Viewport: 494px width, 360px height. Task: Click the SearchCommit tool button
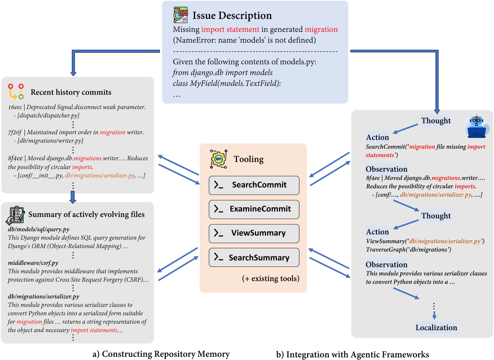coord(254,185)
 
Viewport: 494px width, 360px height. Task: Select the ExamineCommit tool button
coord(254,209)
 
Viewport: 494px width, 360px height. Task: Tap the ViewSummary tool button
coord(254,233)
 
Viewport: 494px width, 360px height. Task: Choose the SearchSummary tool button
coord(254,258)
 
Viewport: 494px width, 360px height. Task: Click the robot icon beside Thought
coord(477,126)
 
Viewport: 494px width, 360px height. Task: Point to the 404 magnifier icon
coord(181,15)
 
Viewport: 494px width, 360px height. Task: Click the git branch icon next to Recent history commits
coord(16,91)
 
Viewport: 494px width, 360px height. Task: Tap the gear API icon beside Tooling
coord(219,159)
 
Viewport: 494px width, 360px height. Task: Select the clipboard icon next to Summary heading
coord(15,215)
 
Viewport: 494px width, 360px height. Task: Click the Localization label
coord(436,327)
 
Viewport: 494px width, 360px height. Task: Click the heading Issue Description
coord(232,16)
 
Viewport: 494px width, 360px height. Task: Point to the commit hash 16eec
coord(15,107)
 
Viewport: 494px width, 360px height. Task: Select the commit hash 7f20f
coord(15,132)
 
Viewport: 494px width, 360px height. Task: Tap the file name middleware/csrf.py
coord(33,263)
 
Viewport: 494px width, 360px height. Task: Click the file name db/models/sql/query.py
coord(38,229)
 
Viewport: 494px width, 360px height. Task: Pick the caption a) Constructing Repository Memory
coord(161,354)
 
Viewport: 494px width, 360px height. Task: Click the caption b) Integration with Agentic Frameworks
coord(352,354)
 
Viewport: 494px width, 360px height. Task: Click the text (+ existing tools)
coord(270,278)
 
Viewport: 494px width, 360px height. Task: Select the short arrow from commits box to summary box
coord(73,197)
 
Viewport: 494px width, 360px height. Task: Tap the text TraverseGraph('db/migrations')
coord(408,250)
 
